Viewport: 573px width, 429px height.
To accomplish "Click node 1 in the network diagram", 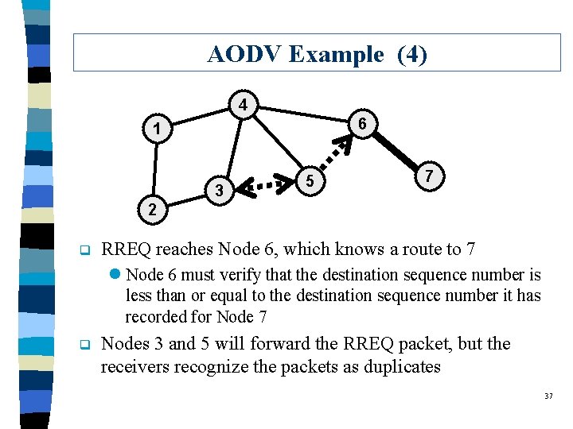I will coord(158,129).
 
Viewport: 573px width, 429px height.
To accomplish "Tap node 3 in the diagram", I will coord(219,191).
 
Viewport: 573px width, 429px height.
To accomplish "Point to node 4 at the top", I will coord(244,105).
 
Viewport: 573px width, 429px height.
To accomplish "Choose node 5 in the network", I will coord(313,183).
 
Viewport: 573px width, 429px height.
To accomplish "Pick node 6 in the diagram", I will coord(362,124).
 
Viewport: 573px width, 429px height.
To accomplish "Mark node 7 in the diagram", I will coord(429,175).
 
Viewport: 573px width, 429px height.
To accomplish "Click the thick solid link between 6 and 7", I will coord(396,149).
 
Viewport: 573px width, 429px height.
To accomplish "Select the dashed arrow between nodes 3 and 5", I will coord(266,186).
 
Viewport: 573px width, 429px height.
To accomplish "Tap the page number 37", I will coord(548,396).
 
